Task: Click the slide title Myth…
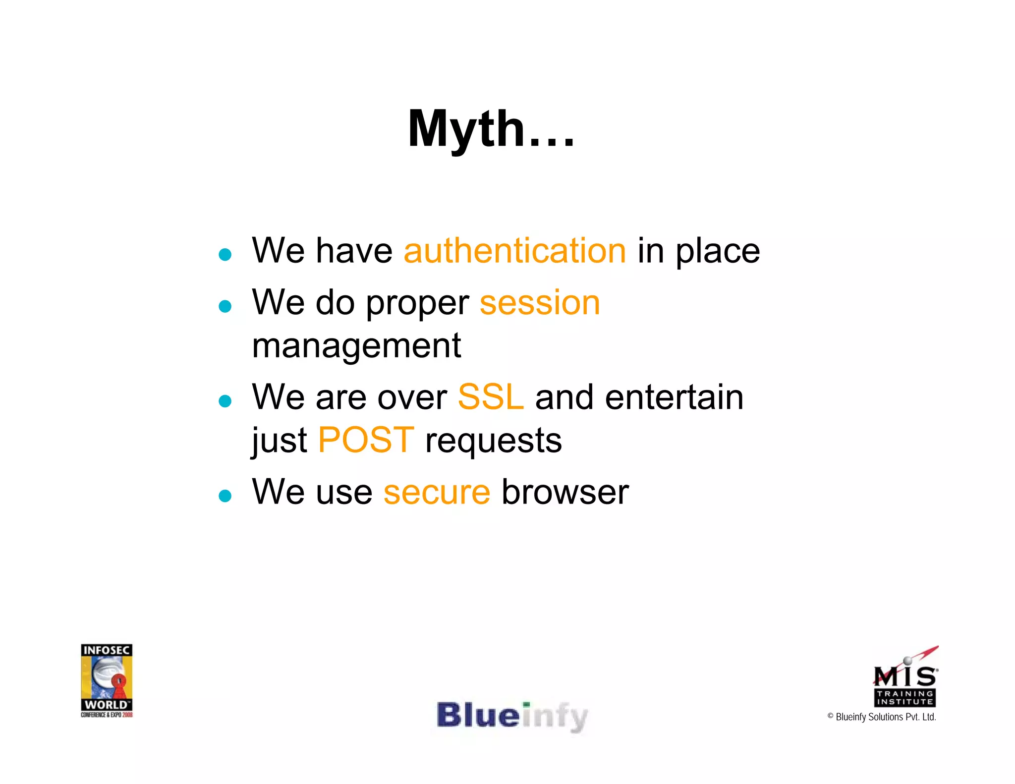coord(491,129)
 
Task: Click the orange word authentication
coord(515,251)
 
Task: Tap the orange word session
coord(540,303)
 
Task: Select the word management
coord(356,346)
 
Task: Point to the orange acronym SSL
coord(491,397)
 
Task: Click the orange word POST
coord(366,440)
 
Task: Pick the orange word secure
coord(437,492)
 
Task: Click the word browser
coord(565,492)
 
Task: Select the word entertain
coord(674,397)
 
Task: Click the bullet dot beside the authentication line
coord(225,255)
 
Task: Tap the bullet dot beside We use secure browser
coord(225,496)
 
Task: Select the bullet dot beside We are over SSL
coord(225,401)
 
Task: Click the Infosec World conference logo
coord(107,680)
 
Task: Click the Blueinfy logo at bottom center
coord(512,716)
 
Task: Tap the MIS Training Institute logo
coord(905,679)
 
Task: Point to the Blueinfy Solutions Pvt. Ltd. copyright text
coord(882,717)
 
